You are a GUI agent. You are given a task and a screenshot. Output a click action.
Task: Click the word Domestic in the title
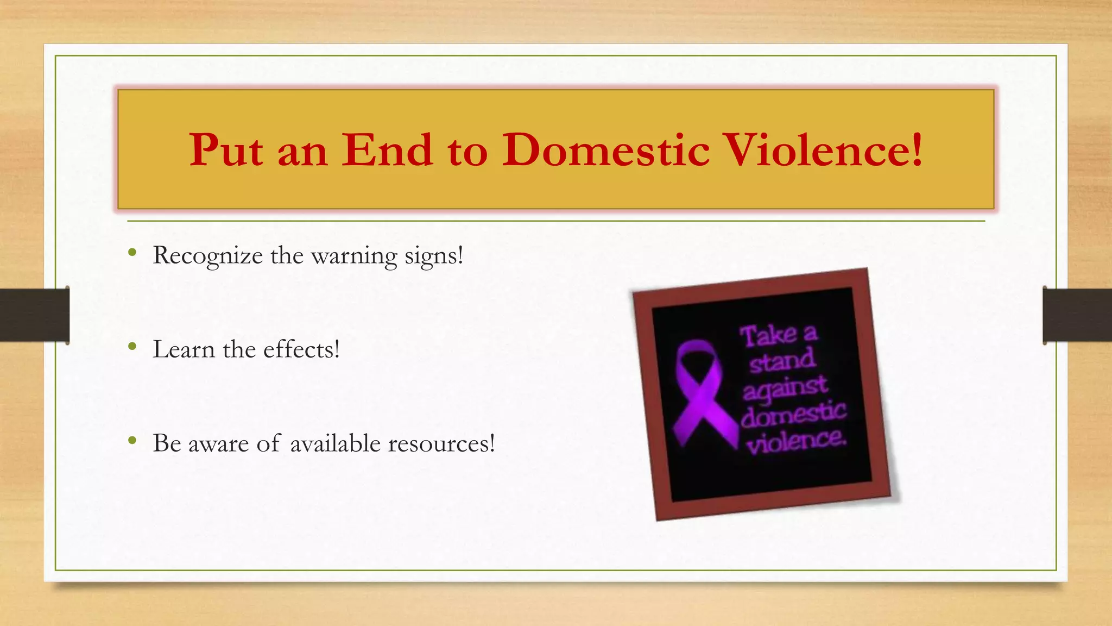click(605, 150)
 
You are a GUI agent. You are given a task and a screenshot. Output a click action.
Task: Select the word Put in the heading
click(226, 150)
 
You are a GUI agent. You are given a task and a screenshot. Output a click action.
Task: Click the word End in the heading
click(387, 150)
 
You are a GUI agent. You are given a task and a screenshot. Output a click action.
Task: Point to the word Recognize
click(207, 256)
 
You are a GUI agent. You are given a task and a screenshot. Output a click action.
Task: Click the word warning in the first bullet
click(353, 256)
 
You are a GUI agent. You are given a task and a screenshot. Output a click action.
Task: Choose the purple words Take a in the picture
click(778, 334)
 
